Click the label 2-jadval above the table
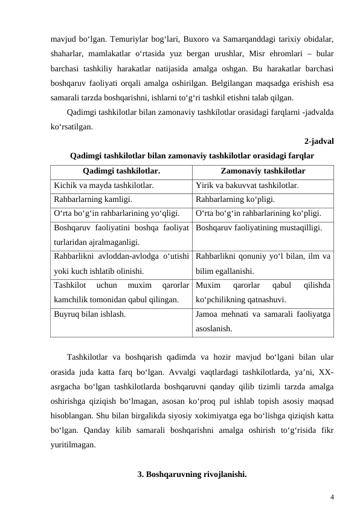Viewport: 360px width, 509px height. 320,142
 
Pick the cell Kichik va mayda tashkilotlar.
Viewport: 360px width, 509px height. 103,186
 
